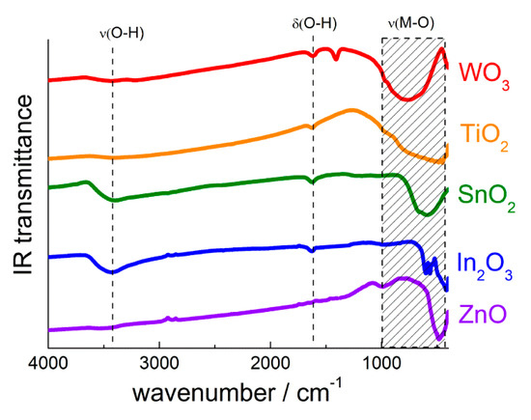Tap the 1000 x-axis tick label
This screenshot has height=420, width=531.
[381, 363]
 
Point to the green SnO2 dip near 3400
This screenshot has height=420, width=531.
[114, 200]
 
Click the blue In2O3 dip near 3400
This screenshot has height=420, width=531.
[112, 272]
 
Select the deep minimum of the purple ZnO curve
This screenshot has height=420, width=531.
[437, 338]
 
